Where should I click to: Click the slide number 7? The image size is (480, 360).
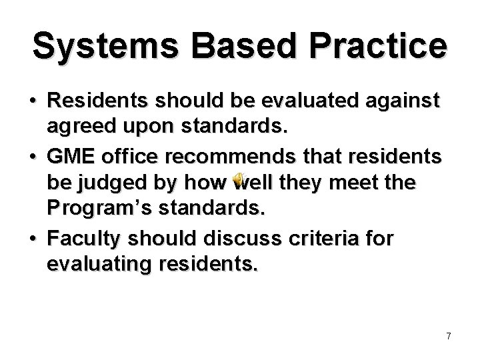(x=449, y=336)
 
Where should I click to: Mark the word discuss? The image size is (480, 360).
(x=247, y=238)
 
